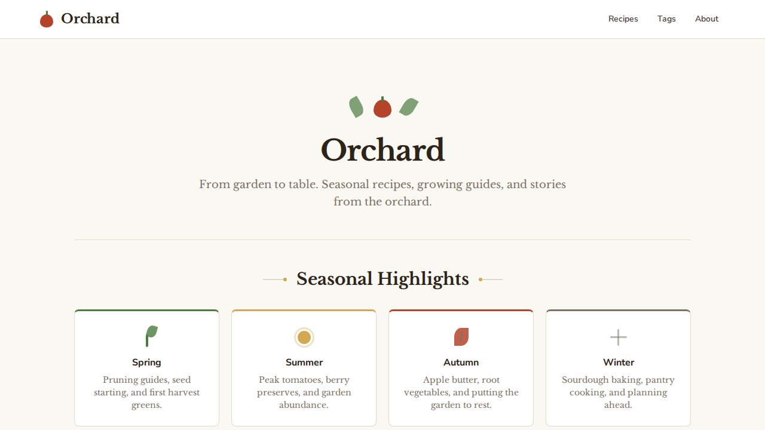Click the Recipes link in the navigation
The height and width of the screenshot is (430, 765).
coord(623,19)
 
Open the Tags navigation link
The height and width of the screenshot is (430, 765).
coord(666,19)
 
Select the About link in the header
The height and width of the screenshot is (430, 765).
coord(706,19)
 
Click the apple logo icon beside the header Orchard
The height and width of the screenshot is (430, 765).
coord(47,20)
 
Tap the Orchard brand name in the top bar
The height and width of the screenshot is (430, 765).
coord(90,19)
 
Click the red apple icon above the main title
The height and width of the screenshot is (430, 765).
coord(382,108)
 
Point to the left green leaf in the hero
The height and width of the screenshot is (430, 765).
coord(356,107)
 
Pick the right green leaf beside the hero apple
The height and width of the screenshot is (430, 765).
coord(409,107)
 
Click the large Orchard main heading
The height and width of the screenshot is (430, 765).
coord(382,150)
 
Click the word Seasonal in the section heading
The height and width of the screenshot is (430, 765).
coord(334,279)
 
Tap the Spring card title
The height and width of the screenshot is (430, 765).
coord(146,363)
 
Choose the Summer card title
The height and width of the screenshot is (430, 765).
coord(304,363)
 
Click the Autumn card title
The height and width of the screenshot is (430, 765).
coord(461,363)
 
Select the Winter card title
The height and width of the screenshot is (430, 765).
coord(619,363)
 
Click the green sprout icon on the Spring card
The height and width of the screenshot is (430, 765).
coord(151,336)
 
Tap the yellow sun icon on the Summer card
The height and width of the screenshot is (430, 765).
coord(304,337)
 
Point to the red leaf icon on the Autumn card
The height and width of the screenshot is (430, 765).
coord(461,337)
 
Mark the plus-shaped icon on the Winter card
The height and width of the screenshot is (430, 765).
coord(619,337)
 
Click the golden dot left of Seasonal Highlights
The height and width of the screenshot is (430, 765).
coord(285,279)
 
